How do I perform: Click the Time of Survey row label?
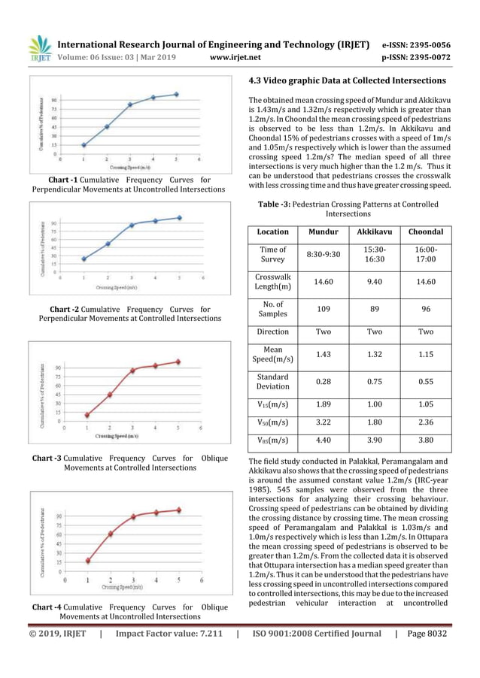pos(272,254)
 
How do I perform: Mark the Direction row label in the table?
pos(272,331)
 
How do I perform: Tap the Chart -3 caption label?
pos(47,458)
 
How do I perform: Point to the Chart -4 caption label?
pos(47,607)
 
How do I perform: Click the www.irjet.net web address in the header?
pos(235,56)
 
